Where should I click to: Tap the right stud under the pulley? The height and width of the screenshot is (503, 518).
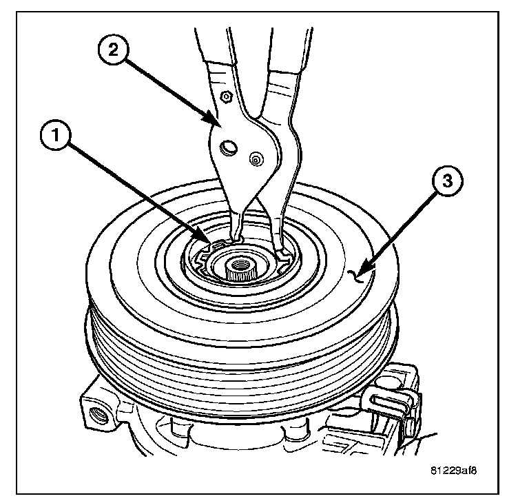289,433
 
